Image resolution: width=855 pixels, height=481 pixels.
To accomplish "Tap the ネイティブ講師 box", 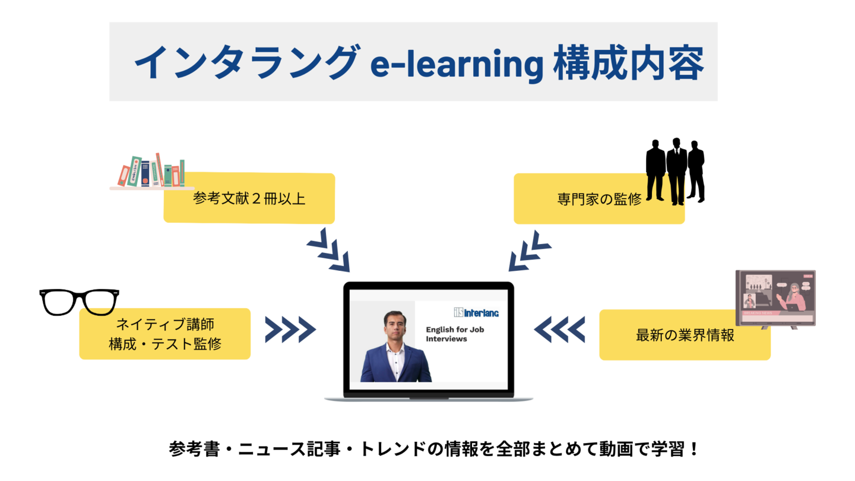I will (165, 334).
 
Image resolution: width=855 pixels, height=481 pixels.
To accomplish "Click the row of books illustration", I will (151, 171).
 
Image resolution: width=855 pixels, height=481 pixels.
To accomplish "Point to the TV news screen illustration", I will (775, 298).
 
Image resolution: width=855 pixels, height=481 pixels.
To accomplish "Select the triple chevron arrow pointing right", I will (290, 330).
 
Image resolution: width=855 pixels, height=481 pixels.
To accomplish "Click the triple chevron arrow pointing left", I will (559, 330).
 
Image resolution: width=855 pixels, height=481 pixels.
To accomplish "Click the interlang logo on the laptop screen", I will (476, 312).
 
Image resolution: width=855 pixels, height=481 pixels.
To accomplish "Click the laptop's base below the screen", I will (428, 396).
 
